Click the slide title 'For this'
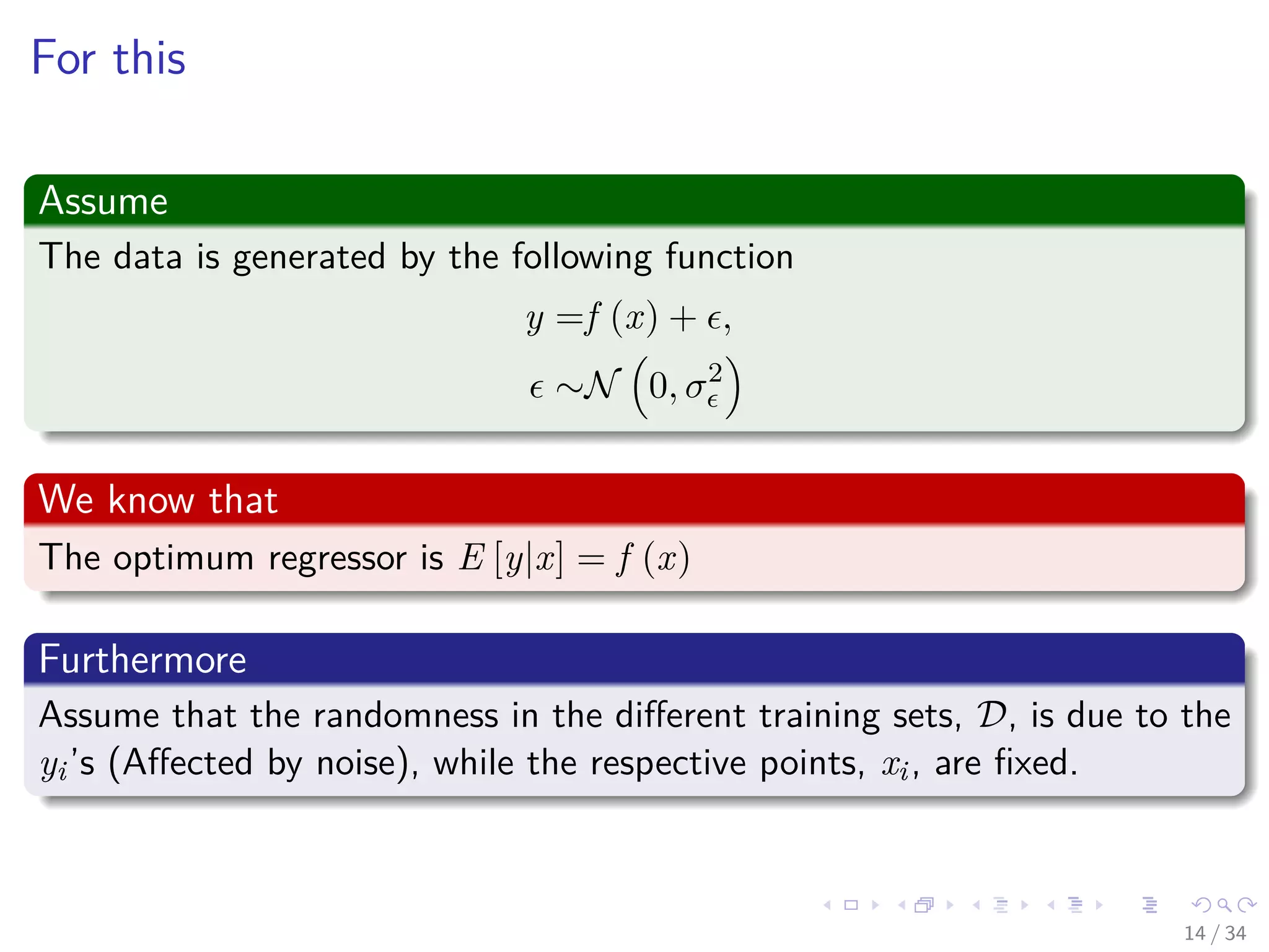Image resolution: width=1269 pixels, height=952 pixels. pyautogui.click(x=108, y=58)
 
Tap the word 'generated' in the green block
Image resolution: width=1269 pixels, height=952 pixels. pyautogui.click(x=309, y=257)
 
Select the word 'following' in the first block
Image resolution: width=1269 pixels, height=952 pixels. pyautogui.click(x=581, y=257)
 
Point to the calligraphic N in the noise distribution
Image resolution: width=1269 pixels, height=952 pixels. pyautogui.click(x=602, y=385)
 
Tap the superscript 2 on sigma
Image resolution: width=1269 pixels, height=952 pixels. pyautogui.click(x=715, y=373)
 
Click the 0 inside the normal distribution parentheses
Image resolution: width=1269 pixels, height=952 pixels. pyautogui.click(x=658, y=387)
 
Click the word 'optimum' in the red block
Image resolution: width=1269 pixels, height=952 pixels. pyautogui.click(x=183, y=558)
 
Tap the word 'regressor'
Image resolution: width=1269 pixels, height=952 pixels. pyautogui.click(x=337, y=558)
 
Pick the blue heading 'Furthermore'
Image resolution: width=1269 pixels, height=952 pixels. pyautogui.click(x=143, y=659)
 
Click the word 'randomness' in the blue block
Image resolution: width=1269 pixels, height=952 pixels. pyautogui.click(x=405, y=715)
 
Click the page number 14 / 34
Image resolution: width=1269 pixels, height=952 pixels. pyautogui.click(x=1214, y=933)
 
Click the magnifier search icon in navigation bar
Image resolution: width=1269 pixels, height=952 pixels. pyautogui.click(x=1224, y=905)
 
